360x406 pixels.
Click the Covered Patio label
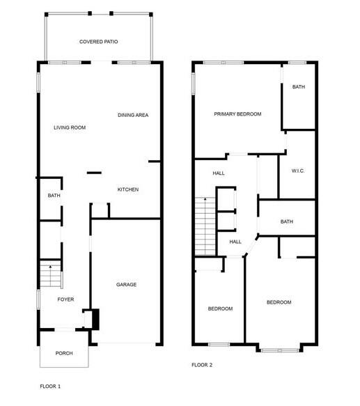tap(98, 42)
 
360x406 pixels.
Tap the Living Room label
tap(70, 127)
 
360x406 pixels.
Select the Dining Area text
tap(133, 115)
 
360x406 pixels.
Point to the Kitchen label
tap(127, 189)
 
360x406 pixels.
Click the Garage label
tap(126, 284)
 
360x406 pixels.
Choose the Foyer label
tap(65, 299)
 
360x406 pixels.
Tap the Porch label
tap(64, 353)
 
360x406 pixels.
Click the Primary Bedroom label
tap(237, 114)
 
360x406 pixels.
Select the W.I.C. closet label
tap(298, 171)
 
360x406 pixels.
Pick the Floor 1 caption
tap(50, 386)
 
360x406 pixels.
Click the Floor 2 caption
tap(202, 364)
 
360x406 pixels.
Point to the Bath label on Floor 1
tap(54, 196)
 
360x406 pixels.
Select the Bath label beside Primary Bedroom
tap(299, 87)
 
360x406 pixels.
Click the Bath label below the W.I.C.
tap(287, 221)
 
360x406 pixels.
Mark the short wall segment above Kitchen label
tap(93, 173)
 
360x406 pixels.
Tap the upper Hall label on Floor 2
tap(219, 174)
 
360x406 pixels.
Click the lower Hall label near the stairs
tap(235, 242)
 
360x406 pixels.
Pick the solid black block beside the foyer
tap(95, 319)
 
